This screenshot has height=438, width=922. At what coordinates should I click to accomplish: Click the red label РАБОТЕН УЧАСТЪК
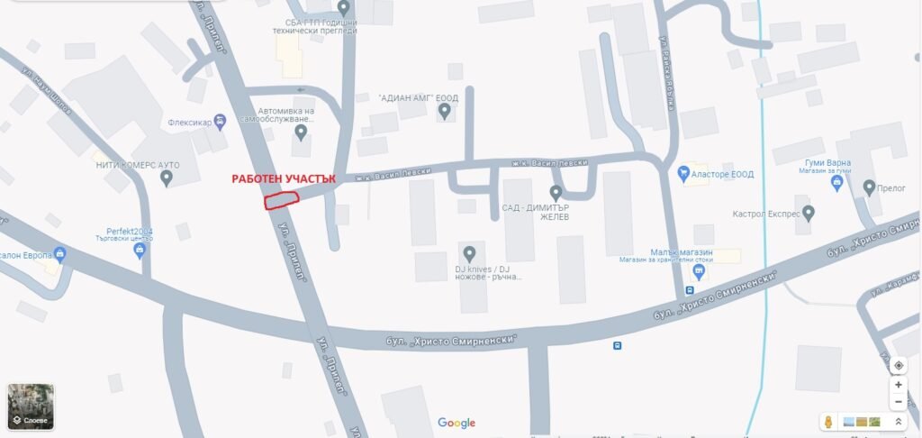pos(284,179)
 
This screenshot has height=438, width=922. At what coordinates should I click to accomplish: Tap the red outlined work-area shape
pos(280,200)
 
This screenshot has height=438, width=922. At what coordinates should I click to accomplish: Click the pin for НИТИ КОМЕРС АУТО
pos(167,178)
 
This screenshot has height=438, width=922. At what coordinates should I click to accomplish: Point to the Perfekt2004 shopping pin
pos(140,251)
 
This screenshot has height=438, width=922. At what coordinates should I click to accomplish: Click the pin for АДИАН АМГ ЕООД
pos(444,112)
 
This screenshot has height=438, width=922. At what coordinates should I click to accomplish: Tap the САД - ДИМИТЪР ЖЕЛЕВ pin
pos(556,193)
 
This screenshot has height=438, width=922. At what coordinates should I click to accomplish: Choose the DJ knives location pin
pos(468,253)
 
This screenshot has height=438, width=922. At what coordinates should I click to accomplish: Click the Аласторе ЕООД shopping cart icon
pos(683,173)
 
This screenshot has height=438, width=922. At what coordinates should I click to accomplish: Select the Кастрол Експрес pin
pos(809,214)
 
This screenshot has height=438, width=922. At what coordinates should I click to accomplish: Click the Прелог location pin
pos(869,187)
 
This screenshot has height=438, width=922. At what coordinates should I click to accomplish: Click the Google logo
pos(456,423)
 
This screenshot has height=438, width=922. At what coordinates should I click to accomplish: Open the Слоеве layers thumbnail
pos(31,406)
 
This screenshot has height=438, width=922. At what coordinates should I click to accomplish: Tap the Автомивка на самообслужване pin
pos(301,133)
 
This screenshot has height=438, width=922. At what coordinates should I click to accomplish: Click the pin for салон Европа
pos(60,255)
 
